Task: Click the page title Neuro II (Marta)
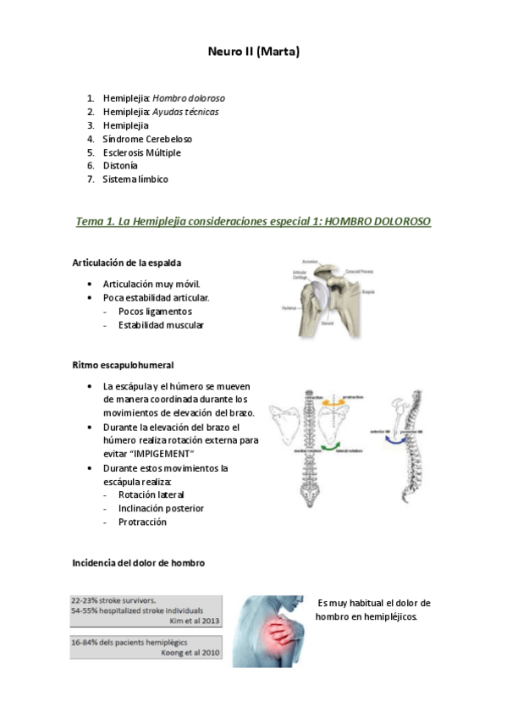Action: coord(253,52)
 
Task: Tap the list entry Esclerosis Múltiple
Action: coord(141,152)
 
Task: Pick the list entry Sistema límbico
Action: coord(135,179)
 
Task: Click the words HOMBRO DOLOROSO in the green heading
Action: coord(377,222)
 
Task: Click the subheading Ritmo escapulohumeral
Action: coord(123,365)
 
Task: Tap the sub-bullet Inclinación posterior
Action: coord(161,508)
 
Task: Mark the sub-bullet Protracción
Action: coord(142,522)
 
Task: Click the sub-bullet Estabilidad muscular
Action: coord(161,324)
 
